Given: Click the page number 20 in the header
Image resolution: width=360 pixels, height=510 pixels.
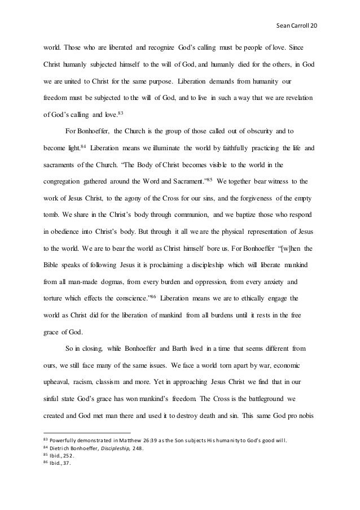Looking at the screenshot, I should [x=314, y=26].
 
